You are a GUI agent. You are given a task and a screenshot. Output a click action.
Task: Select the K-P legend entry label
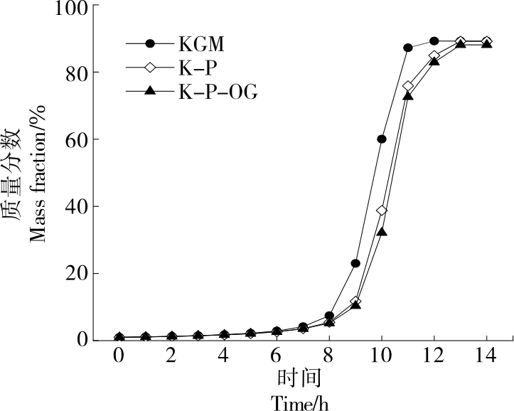pyautogui.click(x=199, y=68)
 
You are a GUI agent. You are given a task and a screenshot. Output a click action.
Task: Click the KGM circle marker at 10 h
pyautogui.click(x=382, y=139)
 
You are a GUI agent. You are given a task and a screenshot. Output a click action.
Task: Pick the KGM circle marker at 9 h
pyautogui.click(x=355, y=263)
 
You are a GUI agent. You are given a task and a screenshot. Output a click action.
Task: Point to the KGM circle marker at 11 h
pyautogui.click(x=408, y=48)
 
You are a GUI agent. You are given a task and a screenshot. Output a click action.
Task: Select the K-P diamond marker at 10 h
pyautogui.click(x=382, y=210)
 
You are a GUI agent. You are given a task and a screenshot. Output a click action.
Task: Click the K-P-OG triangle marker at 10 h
pyautogui.click(x=382, y=231)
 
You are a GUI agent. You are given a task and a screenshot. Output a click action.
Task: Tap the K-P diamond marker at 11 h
pyautogui.click(x=408, y=86)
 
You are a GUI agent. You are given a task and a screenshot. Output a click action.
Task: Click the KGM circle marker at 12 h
pyautogui.click(x=434, y=41)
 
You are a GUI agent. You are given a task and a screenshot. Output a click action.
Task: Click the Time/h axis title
pyautogui.click(x=301, y=402)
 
